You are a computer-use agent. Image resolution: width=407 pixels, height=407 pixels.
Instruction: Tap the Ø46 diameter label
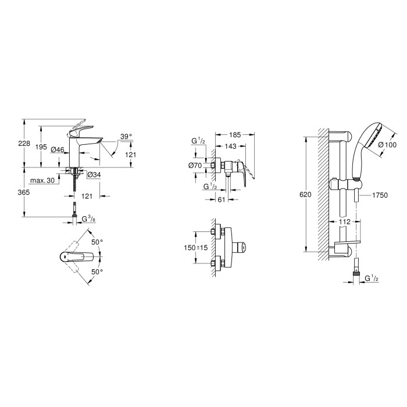point(58,150)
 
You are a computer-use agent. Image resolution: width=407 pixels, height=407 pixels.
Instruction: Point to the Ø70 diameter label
point(194,166)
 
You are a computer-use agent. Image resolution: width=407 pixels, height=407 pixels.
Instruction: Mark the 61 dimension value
point(220,199)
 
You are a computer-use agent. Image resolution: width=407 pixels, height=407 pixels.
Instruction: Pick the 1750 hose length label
point(380,197)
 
